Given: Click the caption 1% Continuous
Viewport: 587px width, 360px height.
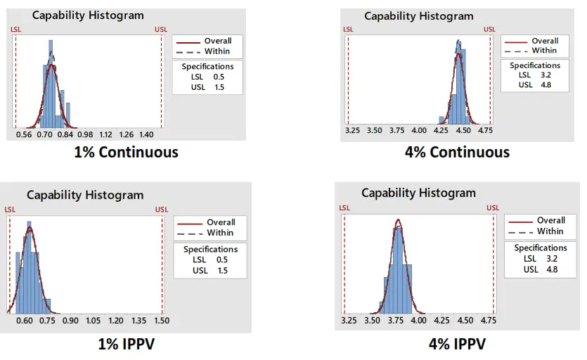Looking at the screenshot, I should pos(127,152).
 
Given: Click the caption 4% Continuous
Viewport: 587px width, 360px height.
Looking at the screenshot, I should pos(458,152).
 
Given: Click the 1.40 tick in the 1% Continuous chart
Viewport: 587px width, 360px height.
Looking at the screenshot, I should pos(147,134).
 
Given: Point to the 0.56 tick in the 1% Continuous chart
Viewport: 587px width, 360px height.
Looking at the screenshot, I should pos(24,134).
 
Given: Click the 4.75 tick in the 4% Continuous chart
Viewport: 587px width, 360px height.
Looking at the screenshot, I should pos(485,130).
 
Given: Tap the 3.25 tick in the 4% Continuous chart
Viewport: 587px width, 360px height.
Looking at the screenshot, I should pos(353,130).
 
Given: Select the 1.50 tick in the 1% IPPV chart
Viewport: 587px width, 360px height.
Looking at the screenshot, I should pos(161,321).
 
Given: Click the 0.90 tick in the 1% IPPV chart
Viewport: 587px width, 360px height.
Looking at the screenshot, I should pos(70,321).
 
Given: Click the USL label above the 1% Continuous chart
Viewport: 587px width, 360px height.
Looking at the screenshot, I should pos(161,30).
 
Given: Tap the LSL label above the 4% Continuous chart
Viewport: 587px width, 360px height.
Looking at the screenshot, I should pos(347,30).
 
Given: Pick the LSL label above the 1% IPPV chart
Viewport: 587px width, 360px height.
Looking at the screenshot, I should pos(10,209).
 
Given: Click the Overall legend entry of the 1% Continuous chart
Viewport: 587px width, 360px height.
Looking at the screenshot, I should pos(217,41).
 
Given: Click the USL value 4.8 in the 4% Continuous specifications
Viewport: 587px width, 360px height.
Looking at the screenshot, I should pos(545,85).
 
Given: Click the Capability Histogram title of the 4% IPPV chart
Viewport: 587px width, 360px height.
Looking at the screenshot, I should pos(418,193).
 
